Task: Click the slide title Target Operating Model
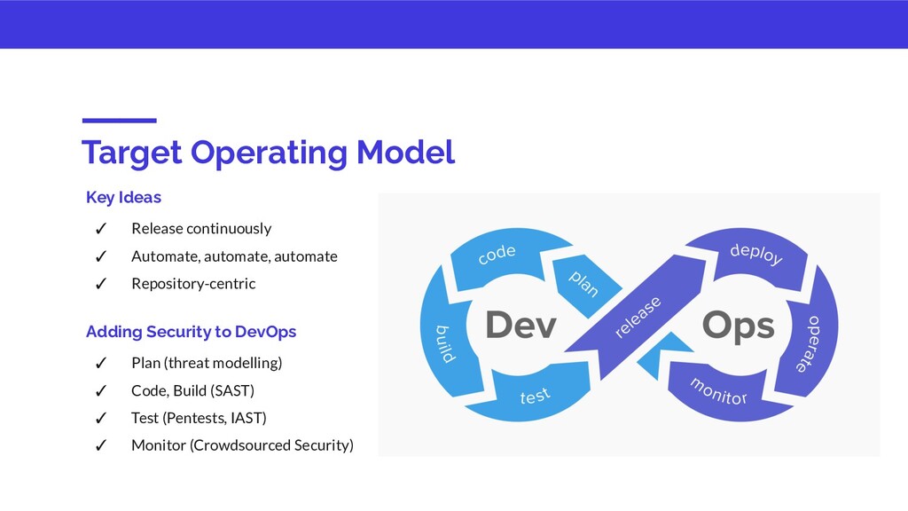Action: click(x=268, y=152)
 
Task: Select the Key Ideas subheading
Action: click(x=123, y=196)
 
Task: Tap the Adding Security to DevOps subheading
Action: click(x=191, y=332)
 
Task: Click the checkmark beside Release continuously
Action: click(x=101, y=229)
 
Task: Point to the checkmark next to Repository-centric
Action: click(x=101, y=284)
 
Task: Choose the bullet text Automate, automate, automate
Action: click(x=234, y=256)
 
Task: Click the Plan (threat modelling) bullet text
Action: click(x=207, y=363)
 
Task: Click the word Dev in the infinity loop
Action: click(x=521, y=326)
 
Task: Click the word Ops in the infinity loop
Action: click(x=738, y=326)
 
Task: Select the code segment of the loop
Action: click(x=497, y=255)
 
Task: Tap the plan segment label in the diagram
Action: click(x=583, y=283)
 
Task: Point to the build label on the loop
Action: click(x=444, y=344)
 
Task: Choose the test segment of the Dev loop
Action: click(x=535, y=396)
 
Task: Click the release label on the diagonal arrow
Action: click(x=638, y=318)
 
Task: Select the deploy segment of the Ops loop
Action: click(x=755, y=255)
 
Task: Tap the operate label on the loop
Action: click(x=808, y=343)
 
